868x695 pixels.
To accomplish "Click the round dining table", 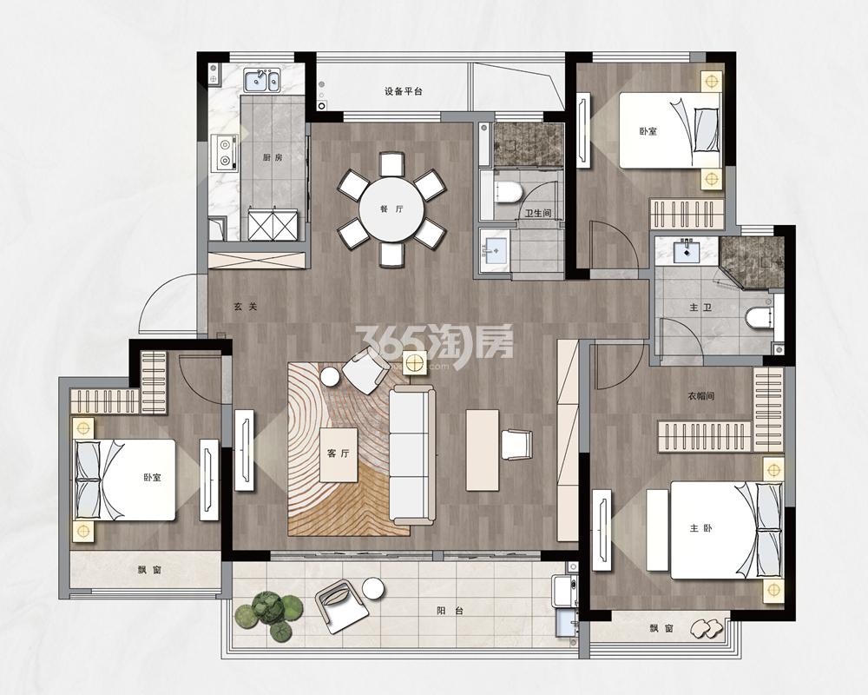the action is (x=391, y=210).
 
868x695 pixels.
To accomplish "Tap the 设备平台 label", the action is (x=403, y=91).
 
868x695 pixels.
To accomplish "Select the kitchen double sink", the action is (x=262, y=80).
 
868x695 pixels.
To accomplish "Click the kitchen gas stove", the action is (x=225, y=152).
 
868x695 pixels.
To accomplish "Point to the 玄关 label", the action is (x=246, y=306).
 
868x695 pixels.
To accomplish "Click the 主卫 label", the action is (x=700, y=307).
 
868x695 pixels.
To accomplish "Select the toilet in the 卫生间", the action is (x=506, y=192).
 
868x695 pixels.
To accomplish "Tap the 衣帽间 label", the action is (x=700, y=396).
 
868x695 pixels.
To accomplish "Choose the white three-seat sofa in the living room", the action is (x=411, y=455).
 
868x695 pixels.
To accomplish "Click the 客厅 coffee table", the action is (x=339, y=455).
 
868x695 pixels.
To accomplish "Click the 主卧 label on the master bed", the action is (x=700, y=528).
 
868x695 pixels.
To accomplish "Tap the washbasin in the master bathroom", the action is (x=687, y=250).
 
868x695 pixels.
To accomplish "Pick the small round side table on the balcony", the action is (x=372, y=588).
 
